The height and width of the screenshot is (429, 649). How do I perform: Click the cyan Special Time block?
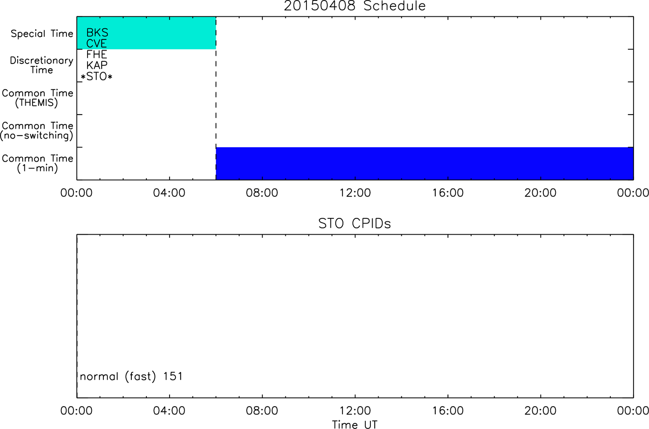(x=146, y=33)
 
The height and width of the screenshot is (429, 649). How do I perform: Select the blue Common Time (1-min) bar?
(x=425, y=163)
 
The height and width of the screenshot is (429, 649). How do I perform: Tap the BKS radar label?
(x=97, y=33)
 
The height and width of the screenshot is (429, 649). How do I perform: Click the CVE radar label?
(x=97, y=43)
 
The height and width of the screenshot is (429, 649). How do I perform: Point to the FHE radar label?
(x=97, y=54)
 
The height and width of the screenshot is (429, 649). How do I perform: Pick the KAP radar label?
(x=97, y=65)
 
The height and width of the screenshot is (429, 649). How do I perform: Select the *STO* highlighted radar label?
(x=97, y=76)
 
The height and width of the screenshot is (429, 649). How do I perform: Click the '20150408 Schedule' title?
(x=355, y=6)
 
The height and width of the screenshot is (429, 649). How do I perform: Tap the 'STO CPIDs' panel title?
(x=355, y=224)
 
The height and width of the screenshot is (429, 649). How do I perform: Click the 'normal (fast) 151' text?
(x=131, y=377)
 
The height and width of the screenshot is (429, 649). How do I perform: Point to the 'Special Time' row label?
(x=42, y=33)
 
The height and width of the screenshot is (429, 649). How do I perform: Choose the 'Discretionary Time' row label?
(x=42, y=65)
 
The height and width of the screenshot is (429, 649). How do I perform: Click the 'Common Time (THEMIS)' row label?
(x=37, y=98)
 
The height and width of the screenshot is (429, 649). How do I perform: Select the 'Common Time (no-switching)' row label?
(x=36, y=130)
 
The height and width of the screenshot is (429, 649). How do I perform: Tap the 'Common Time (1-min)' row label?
(x=37, y=163)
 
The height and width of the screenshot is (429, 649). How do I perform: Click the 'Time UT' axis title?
(x=355, y=424)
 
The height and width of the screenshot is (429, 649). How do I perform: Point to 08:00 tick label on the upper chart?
(x=262, y=193)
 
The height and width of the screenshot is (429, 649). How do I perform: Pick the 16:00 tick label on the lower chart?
(x=448, y=411)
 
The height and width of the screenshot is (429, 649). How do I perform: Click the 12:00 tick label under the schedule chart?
(x=355, y=193)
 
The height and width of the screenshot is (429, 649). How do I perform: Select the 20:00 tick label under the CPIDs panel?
(x=540, y=411)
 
